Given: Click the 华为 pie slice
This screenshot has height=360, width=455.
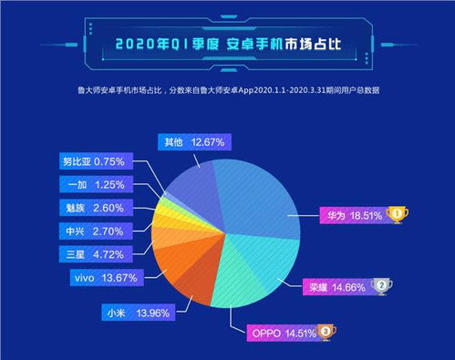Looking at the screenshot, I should pos(264,196).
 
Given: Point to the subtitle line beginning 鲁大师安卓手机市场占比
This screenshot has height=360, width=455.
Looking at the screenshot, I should pos(227,89).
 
